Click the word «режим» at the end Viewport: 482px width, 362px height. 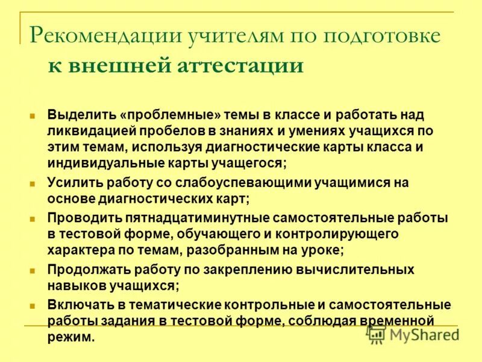[70, 337]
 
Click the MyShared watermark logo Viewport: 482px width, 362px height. [413, 334]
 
